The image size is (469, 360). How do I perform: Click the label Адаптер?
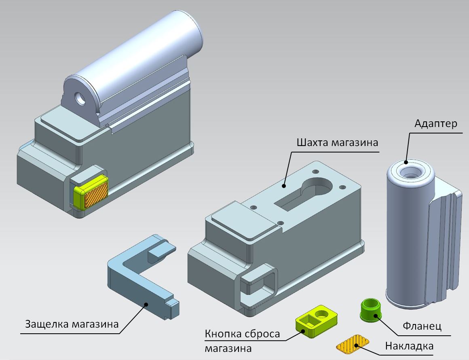(436, 124)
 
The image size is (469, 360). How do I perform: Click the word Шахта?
(312, 142)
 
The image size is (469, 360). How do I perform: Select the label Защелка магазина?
(72, 324)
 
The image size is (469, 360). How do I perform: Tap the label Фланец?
(422, 326)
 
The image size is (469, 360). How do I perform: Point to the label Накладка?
(409, 346)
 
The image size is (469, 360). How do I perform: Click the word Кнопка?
(223, 334)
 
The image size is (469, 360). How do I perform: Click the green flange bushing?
(371, 310)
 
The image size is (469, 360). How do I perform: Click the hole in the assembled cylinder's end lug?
(80, 98)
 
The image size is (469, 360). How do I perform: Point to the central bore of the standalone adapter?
(410, 172)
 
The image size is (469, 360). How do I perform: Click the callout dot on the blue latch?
(146, 304)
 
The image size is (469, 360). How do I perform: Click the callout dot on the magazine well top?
(283, 186)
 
